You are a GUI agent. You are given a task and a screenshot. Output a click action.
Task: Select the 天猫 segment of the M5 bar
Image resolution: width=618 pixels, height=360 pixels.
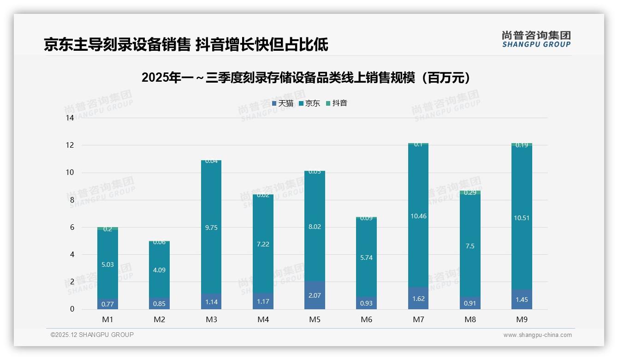coord(315,295)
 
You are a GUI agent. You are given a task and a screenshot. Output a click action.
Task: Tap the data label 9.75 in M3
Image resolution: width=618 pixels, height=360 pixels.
coord(211,228)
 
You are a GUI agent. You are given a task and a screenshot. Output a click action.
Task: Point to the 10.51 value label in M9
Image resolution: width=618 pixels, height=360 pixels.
coord(522,218)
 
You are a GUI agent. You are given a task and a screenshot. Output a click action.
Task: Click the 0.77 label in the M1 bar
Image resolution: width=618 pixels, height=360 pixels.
coord(107,304)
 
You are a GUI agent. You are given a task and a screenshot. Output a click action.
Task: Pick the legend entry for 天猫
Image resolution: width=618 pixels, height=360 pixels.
coord(283,103)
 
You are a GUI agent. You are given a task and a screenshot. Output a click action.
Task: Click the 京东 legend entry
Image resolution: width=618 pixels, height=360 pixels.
coord(309,103)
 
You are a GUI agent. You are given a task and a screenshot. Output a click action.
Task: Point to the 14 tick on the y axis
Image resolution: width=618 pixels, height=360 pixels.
coord(70,118)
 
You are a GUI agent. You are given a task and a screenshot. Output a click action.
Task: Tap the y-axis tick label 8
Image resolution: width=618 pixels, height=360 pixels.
coord(71,200)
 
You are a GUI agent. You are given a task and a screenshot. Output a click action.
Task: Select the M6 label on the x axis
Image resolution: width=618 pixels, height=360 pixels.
coord(366,319)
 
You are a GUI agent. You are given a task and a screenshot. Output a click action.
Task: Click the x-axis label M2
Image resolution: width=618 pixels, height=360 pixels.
coord(159,319)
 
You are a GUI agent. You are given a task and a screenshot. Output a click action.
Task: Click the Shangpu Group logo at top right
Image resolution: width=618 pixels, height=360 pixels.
coord(536,39)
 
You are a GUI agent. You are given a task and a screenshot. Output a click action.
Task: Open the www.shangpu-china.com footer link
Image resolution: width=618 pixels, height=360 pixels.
coord(537,335)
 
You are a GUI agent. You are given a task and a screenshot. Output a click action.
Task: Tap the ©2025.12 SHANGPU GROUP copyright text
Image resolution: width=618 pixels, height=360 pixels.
coord(92,335)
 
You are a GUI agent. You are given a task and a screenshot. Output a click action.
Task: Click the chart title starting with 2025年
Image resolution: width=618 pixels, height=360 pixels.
coord(308,78)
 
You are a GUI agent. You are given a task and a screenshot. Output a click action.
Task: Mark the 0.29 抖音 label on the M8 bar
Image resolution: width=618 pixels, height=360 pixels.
coord(470,192)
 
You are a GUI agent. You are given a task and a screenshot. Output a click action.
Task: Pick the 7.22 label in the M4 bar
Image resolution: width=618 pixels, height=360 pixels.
coord(263,244)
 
